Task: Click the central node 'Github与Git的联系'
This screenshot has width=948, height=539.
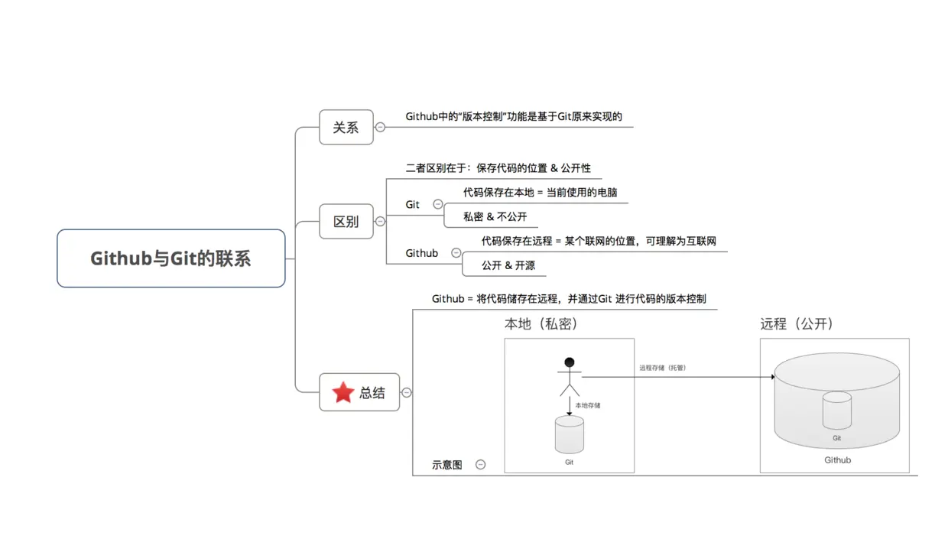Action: click(170, 258)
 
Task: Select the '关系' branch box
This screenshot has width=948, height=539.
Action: click(346, 127)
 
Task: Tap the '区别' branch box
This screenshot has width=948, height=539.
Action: click(346, 222)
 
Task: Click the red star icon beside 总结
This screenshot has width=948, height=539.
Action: click(343, 393)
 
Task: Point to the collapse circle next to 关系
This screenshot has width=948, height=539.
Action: click(380, 127)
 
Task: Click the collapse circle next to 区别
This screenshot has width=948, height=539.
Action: click(380, 222)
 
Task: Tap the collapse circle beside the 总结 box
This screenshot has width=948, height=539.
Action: click(407, 393)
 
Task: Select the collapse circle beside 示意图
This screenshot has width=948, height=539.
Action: click(480, 464)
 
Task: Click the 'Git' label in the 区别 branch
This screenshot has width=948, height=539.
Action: click(413, 205)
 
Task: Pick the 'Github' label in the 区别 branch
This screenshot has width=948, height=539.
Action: click(422, 253)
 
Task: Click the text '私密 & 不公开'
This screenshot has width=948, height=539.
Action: click(495, 217)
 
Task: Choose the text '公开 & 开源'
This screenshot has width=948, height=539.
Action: click(508, 265)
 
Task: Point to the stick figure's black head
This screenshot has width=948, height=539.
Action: click(569, 362)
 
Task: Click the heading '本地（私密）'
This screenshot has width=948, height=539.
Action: click(541, 324)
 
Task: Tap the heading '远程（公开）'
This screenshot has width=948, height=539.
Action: click(797, 324)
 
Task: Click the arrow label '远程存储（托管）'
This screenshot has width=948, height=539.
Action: click(663, 368)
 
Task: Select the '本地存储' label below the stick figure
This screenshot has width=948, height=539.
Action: click(588, 405)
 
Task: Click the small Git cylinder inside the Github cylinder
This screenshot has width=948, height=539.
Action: click(837, 411)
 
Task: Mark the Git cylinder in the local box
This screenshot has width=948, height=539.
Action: click(569, 435)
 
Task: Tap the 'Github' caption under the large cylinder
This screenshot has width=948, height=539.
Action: click(837, 460)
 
